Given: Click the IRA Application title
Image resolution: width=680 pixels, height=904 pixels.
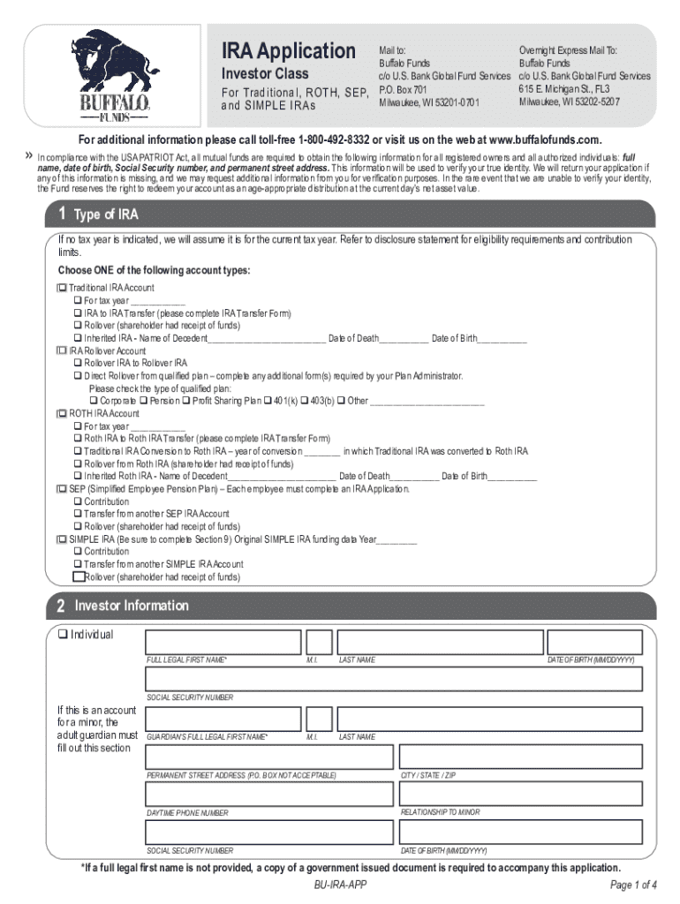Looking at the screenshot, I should pos(288,50).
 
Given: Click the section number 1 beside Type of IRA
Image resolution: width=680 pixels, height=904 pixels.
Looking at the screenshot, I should pos(63,215).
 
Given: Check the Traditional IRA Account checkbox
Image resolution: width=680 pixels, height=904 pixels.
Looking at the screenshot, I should pos(63,288).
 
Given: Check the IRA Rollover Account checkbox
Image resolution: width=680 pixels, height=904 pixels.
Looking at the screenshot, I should pos(63,350).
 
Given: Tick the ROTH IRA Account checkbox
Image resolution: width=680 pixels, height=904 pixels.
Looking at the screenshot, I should pos(63,413).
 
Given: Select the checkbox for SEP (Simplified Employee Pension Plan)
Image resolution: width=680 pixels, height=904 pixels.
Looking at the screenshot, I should pos(63,489).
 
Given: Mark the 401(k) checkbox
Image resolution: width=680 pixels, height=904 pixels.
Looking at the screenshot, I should pos(267,401).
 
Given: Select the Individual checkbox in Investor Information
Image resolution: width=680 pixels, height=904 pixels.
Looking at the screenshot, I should pos(63,634).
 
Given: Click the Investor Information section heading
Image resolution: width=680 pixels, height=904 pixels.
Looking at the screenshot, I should pos(132,606).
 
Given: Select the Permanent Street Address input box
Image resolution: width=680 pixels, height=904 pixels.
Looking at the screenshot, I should pos(268,756).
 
